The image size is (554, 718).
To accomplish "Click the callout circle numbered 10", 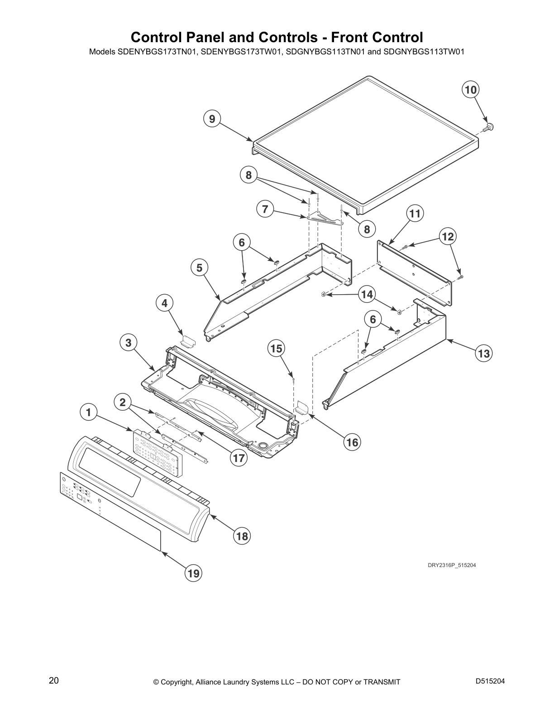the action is tap(471, 90).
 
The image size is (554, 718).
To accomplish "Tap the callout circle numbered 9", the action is tap(212, 119).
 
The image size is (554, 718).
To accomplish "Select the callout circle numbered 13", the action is tap(484, 354).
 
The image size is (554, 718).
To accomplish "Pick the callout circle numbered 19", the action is tap(193, 573).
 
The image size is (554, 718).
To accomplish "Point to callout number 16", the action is tap(353, 442).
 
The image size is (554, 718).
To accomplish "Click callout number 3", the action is tap(129, 343).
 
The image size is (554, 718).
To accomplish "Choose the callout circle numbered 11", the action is tap(415, 213).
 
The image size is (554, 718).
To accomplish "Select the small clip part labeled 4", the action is tap(188, 340).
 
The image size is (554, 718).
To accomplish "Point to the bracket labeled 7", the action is tap(325, 220).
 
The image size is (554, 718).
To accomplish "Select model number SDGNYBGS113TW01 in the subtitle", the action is tap(424, 52).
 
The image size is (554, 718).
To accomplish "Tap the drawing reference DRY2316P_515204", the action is tap(452, 565).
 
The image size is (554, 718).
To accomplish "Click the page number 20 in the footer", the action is tap(54, 680).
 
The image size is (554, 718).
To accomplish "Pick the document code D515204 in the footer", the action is tap(490, 681).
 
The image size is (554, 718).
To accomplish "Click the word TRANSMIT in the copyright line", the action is tap(382, 682).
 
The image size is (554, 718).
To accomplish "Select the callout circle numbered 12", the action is tap(448, 237).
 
